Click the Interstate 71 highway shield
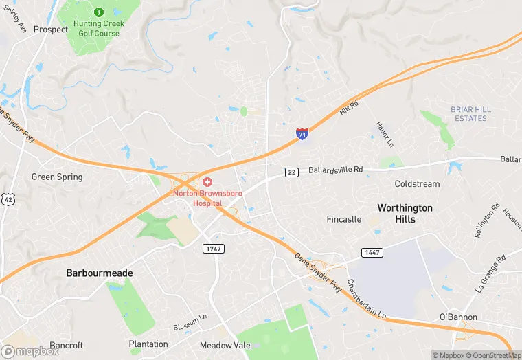(302, 134)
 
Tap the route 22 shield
(293, 172)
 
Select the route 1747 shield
(213, 248)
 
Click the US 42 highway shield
(8, 199)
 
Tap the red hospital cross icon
(207, 181)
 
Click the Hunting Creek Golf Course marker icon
(98, 12)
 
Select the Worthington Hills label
(405, 213)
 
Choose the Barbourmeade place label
(100, 273)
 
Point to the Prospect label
(51, 30)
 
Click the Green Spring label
(57, 177)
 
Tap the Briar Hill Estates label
(470, 114)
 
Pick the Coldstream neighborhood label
(417, 184)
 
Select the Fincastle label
(344, 220)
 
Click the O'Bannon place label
(458, 317)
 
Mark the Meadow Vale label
(225, 345)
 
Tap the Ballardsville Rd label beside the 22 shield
(335, 170)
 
